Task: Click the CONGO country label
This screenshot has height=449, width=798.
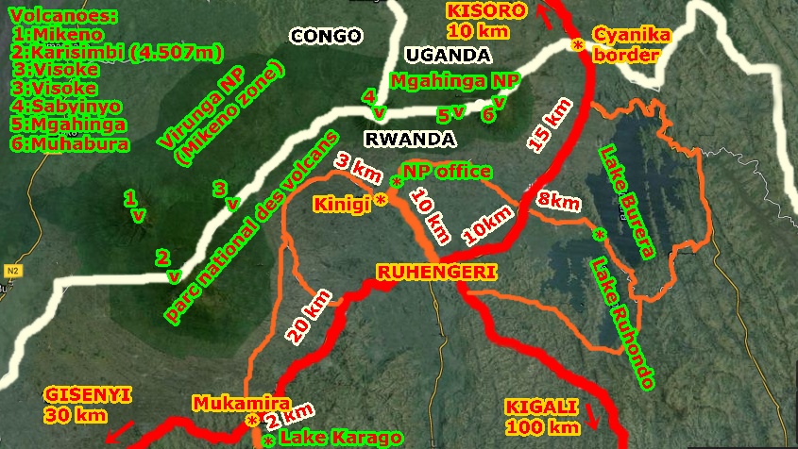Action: (326, 37)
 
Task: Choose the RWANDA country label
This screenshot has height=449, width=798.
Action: (410, 140)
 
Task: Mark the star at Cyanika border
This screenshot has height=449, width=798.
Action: (575, 44)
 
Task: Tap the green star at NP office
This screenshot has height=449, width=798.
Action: (396, 180)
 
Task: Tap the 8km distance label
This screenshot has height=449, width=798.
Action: (558, 201)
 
